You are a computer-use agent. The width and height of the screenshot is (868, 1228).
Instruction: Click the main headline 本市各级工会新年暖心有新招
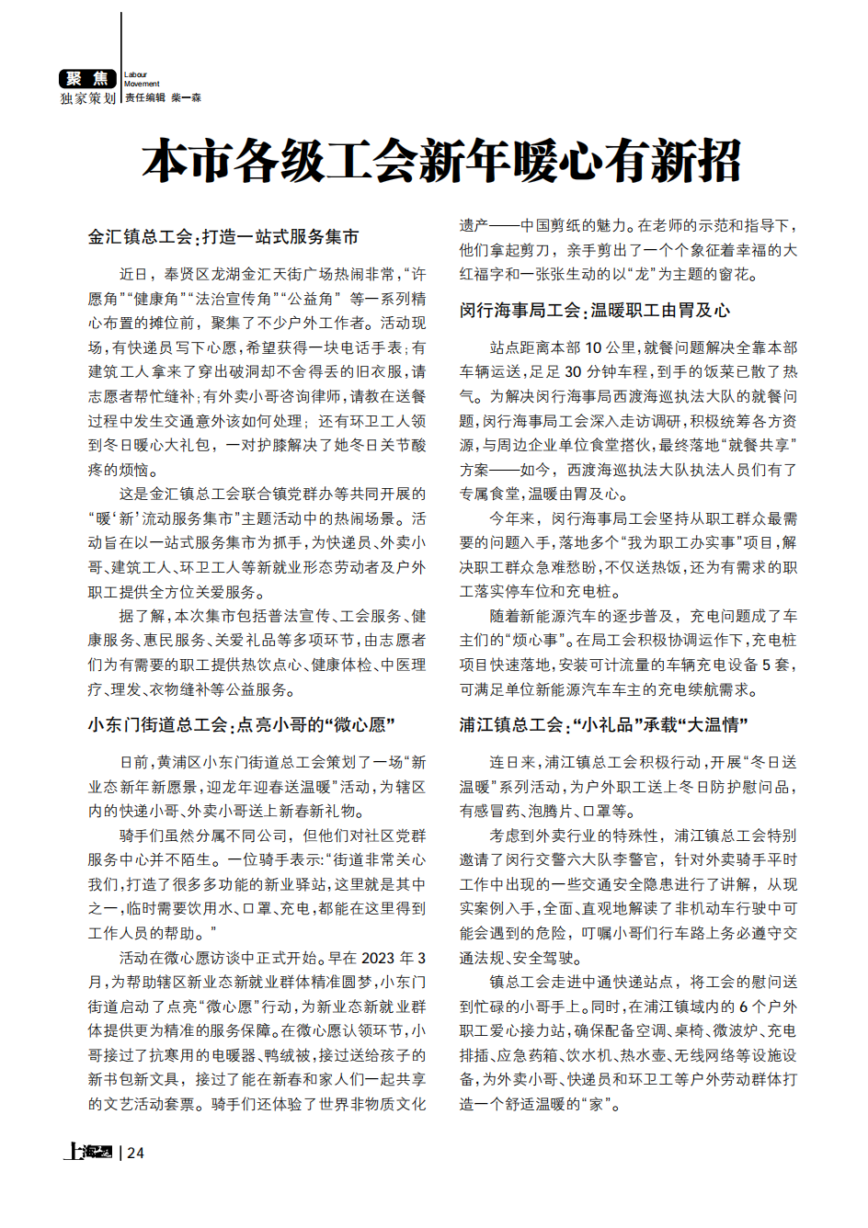(441, 162)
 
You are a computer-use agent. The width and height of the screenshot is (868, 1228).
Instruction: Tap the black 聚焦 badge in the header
(87, 79)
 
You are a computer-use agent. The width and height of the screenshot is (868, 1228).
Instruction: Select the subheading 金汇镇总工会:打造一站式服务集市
(223, 237)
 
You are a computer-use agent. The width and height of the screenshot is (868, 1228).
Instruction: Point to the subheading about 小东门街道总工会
(241, 725)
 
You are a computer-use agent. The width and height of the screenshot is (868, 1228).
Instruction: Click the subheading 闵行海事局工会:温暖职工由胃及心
(595, 311)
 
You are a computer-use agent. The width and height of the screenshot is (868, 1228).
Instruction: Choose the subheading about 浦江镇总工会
(603, 725)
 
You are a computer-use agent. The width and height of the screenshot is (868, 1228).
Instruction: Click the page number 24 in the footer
(135, 1153)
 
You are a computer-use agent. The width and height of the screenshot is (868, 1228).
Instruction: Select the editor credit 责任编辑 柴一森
(163, 97)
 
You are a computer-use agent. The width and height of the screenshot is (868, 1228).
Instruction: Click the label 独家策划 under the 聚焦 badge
(88, 98)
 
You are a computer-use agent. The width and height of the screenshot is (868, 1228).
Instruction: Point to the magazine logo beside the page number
(87, 1152)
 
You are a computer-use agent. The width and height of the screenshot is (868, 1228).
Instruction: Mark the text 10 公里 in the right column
(607, 347)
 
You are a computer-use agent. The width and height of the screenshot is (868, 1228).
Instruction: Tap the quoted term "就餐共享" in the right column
(762, 445)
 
